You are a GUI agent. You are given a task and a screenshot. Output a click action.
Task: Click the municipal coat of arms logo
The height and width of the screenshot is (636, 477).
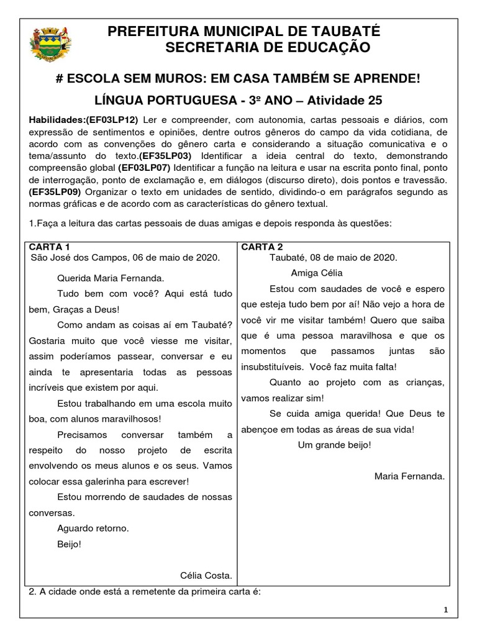[48, 45]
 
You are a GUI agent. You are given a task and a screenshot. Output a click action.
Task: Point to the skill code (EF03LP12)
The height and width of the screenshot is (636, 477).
[116, 119]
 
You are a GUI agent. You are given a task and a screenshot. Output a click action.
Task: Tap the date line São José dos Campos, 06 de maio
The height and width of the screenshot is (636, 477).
[124, 257]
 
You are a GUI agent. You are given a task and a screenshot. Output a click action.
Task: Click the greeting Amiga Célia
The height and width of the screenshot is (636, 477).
[316, 273]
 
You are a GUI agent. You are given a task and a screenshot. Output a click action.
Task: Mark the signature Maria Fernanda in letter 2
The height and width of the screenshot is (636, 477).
[409, 476]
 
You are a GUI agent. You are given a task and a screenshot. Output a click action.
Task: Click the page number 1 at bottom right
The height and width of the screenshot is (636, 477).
[446, 611]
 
